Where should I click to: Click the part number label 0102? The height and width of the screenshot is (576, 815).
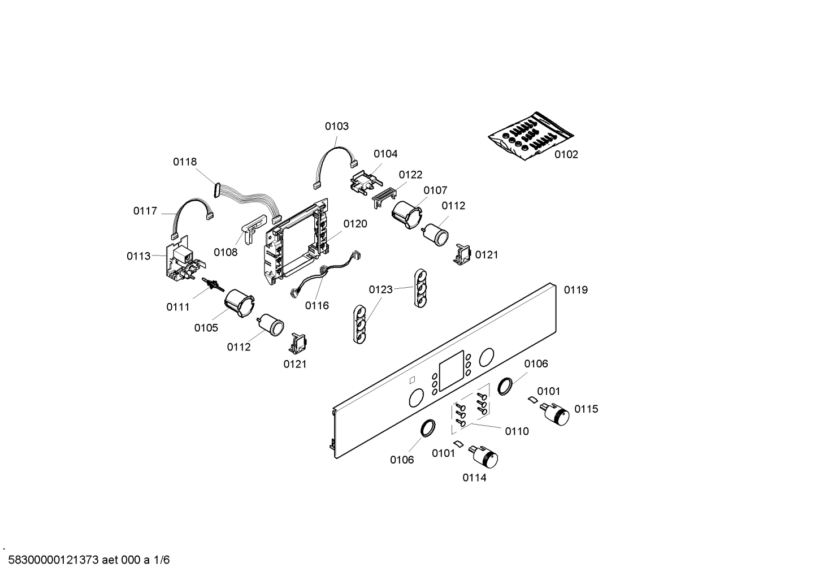(566, 154)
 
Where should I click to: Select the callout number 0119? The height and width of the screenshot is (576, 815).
(575, 290)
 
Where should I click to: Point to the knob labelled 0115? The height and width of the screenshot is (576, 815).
(556, 414)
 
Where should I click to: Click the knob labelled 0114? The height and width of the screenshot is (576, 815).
(484, 456)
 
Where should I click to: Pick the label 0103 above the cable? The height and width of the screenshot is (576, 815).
(336, 126)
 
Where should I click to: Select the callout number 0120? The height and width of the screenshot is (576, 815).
(355, 224)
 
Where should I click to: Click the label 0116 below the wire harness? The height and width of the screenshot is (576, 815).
(317, 306)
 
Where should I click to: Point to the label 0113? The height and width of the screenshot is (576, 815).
(138, 256)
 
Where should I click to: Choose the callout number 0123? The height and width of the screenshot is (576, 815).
(380, 290)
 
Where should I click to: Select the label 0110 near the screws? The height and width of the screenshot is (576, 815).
(517, 431)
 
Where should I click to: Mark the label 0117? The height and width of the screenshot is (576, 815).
(145, 211)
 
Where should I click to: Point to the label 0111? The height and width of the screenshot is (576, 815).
(177, 307)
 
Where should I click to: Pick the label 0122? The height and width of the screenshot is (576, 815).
(410, 175)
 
